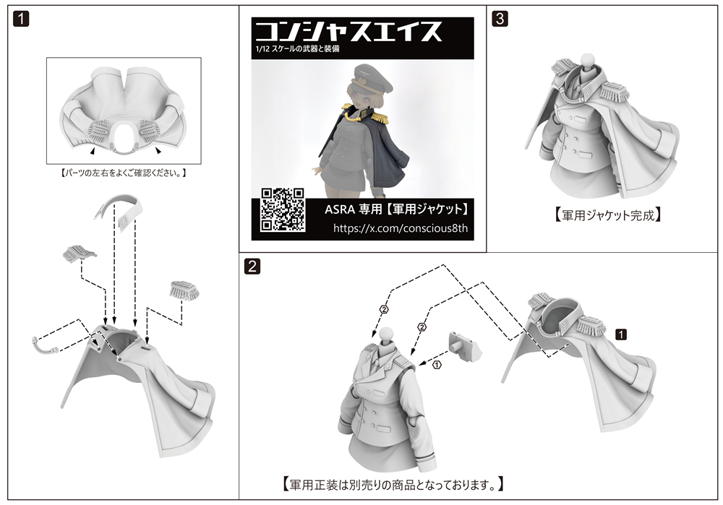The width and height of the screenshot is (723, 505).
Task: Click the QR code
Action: pyautogui.click(x=282, y=210)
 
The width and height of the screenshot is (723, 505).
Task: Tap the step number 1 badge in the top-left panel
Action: pyautogui.click(x=21, y=19)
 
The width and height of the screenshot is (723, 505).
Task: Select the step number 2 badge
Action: pyautogui.click(x=252, y=267)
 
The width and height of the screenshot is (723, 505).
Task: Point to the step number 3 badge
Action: pyautogui.click(x=500, y=19)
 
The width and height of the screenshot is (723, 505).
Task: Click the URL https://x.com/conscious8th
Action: pyautogui.click(x=401, y=228)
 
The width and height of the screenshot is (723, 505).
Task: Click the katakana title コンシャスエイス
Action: pyautogui.click(x=348, y=31)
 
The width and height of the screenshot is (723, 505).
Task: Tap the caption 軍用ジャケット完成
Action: pyautogui.click(x=608, y=215)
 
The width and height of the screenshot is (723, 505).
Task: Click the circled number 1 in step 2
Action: pyautogui.click(x=437, y=365)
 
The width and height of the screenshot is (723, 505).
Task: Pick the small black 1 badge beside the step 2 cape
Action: pyautogui.click(x=621, y=334)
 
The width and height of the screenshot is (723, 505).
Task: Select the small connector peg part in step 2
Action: pyautogui.click(x=464, y=345)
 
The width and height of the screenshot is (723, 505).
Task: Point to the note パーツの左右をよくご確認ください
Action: pyautogui.click(x=124, y=173)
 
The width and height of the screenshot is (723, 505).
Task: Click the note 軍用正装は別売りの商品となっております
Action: pyautogui.click(x=393, y=484)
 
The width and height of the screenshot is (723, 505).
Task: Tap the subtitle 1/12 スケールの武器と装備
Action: pyautogui.click(x=297, y=48)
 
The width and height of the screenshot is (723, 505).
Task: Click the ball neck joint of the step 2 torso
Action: pyautogui.click(x=385, y=333)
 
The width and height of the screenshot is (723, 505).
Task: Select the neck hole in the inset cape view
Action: pyautogui.click(x=124, y=137)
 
